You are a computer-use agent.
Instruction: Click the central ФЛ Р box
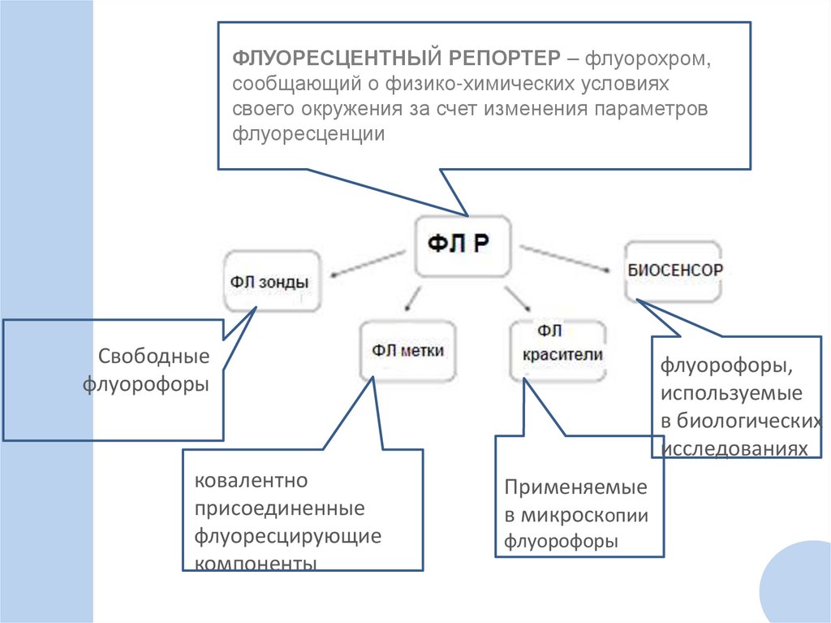pyautogui.click(x=463, y=246)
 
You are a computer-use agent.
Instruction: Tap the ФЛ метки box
pyautogui.click(x=408, y=350)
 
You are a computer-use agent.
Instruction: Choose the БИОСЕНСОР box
pyautogui.click(x=674, y=270)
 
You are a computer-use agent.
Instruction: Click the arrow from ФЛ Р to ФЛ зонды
pyautogui.click(x=370, y=262)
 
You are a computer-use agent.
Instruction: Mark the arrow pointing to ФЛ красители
pyautogui.click(x=519, y=299)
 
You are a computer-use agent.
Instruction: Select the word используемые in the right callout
pyautogui.click(x=730, y=394)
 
